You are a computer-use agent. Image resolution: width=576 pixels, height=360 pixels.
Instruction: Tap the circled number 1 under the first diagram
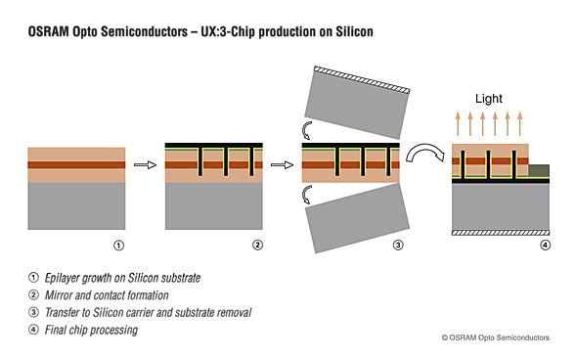(118, 245)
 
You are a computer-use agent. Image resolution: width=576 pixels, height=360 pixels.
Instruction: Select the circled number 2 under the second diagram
(256, 245)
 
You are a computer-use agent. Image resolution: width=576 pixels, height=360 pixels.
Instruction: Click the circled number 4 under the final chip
(544, 245)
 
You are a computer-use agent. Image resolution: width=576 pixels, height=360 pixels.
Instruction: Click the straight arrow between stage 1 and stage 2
(145, 165)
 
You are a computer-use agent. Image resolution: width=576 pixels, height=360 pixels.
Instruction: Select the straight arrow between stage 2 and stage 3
(283, 165)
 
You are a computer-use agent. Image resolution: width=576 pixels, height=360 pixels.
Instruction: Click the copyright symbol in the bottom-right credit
(445, 337)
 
